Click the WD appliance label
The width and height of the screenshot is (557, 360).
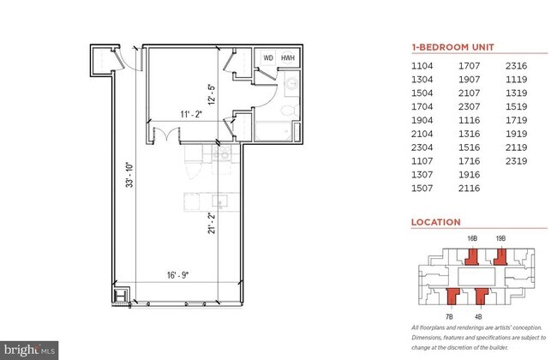(268, 57)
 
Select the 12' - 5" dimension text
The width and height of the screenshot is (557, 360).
(212, 92)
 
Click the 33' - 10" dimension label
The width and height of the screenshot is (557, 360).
(129, 176)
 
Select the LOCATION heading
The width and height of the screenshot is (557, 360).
(435, 222)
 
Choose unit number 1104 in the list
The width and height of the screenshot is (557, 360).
(423, 65)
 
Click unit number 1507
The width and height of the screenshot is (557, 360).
(423, 188)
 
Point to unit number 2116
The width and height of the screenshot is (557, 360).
(470, 188)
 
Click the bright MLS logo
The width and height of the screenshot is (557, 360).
(32, 349)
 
